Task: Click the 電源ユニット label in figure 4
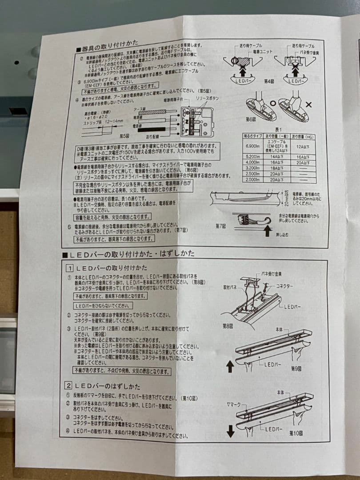263,52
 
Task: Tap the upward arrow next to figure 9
230,366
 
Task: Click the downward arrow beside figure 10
230,430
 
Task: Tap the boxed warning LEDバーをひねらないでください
103,306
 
